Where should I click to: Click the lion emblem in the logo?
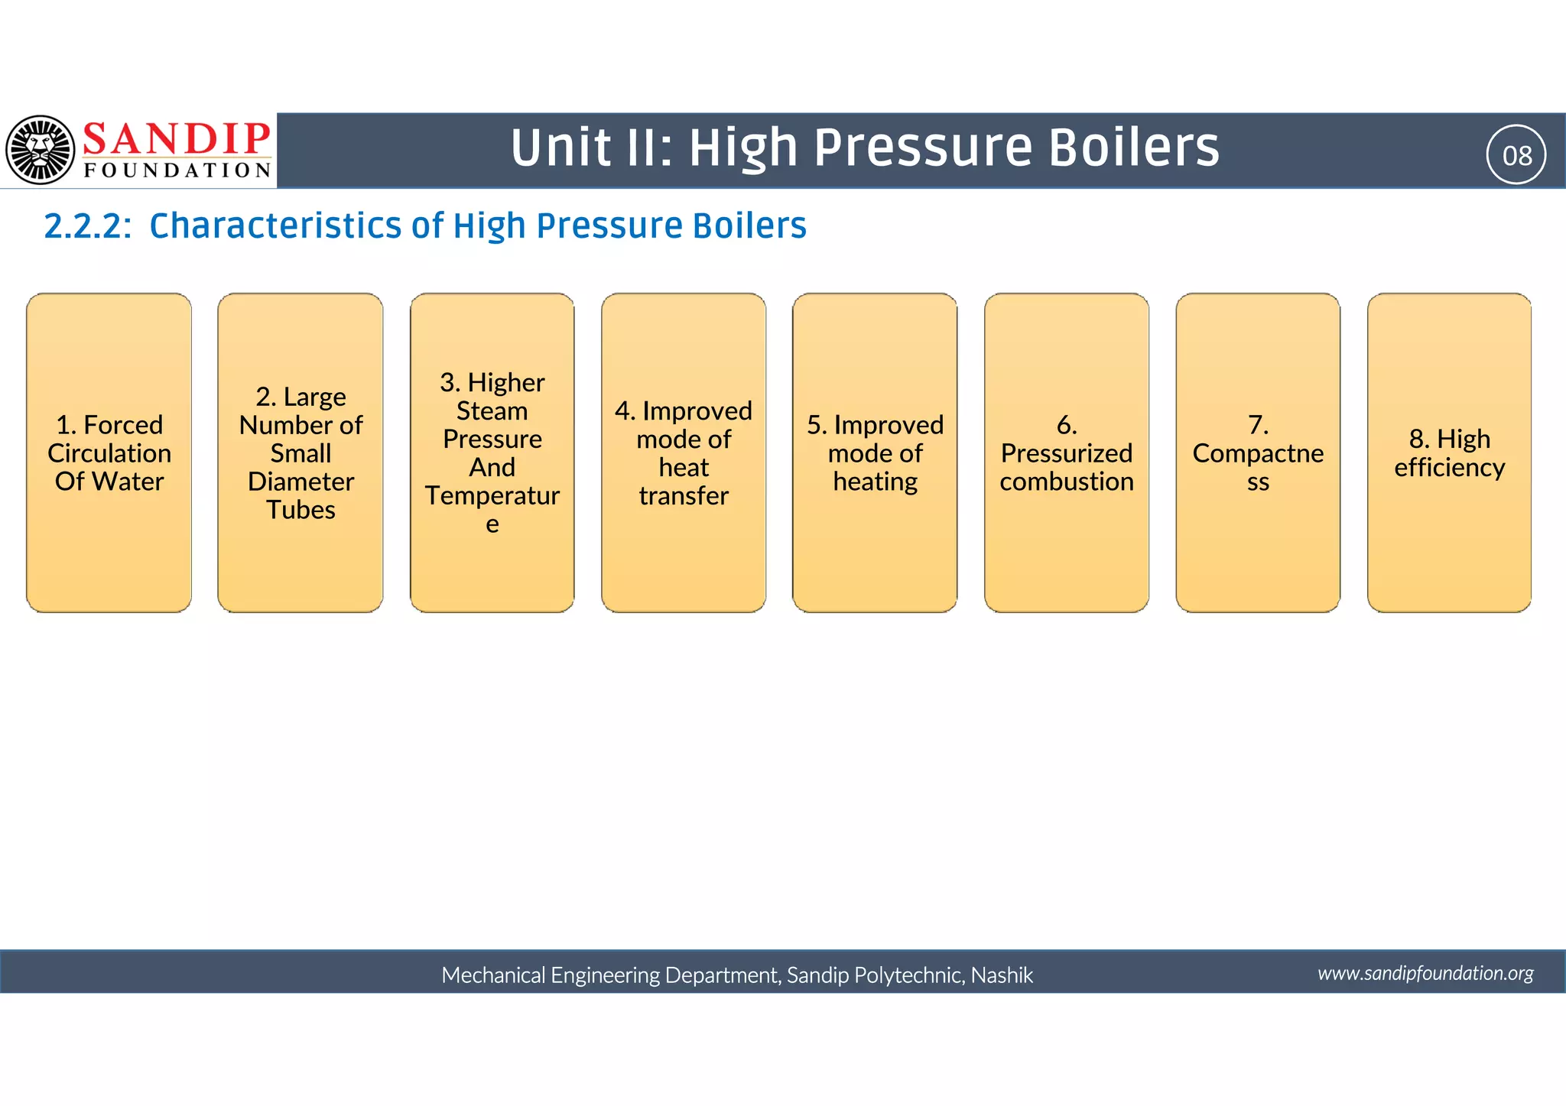point(41,150)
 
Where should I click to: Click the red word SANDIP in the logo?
point(176,139)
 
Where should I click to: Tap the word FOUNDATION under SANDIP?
point(177,170)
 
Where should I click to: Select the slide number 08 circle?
point(1516,155)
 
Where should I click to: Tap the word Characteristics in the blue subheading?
point(275,226)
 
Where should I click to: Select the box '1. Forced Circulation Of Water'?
point(109,452)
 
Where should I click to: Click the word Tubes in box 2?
point(301,510)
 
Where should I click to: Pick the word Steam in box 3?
point(492,411)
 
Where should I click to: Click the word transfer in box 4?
point(684,496)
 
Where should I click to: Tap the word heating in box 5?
point(875,482)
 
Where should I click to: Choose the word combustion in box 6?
point(1067,482)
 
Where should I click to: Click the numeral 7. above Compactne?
point(1258,425)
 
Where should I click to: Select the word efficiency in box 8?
point(1449,467)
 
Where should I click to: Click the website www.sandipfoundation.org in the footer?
point(1425,973)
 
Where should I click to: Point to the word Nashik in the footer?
point(1002,975)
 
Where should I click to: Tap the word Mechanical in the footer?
point(493,975)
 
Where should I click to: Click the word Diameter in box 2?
point(301,482)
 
